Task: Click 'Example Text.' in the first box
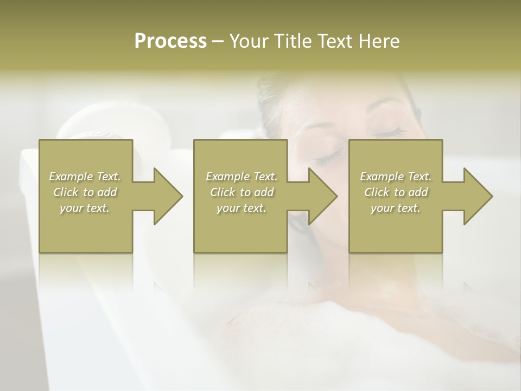coord(85,176)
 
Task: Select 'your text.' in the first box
coord(85,208)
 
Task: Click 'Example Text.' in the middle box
coord(241,176)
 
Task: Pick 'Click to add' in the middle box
coord(241,192)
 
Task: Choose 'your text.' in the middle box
coord(241,208)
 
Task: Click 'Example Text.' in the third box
coord(396,176)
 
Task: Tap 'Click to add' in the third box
coord(396,192)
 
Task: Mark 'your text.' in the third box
coord(396,208)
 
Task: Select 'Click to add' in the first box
coord(85,192)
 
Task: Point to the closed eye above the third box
coord(387,131)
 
